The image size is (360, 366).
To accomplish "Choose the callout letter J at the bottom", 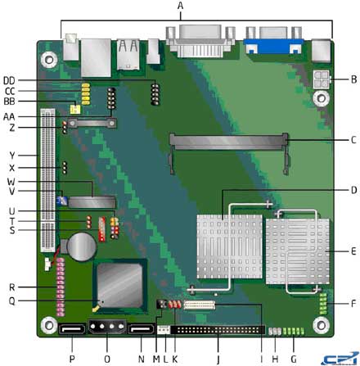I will pos(217,359).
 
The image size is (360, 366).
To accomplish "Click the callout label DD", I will pos(11,79).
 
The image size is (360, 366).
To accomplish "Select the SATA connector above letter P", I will pos(70,332).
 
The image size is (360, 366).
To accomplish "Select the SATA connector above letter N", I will pos(141,332).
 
